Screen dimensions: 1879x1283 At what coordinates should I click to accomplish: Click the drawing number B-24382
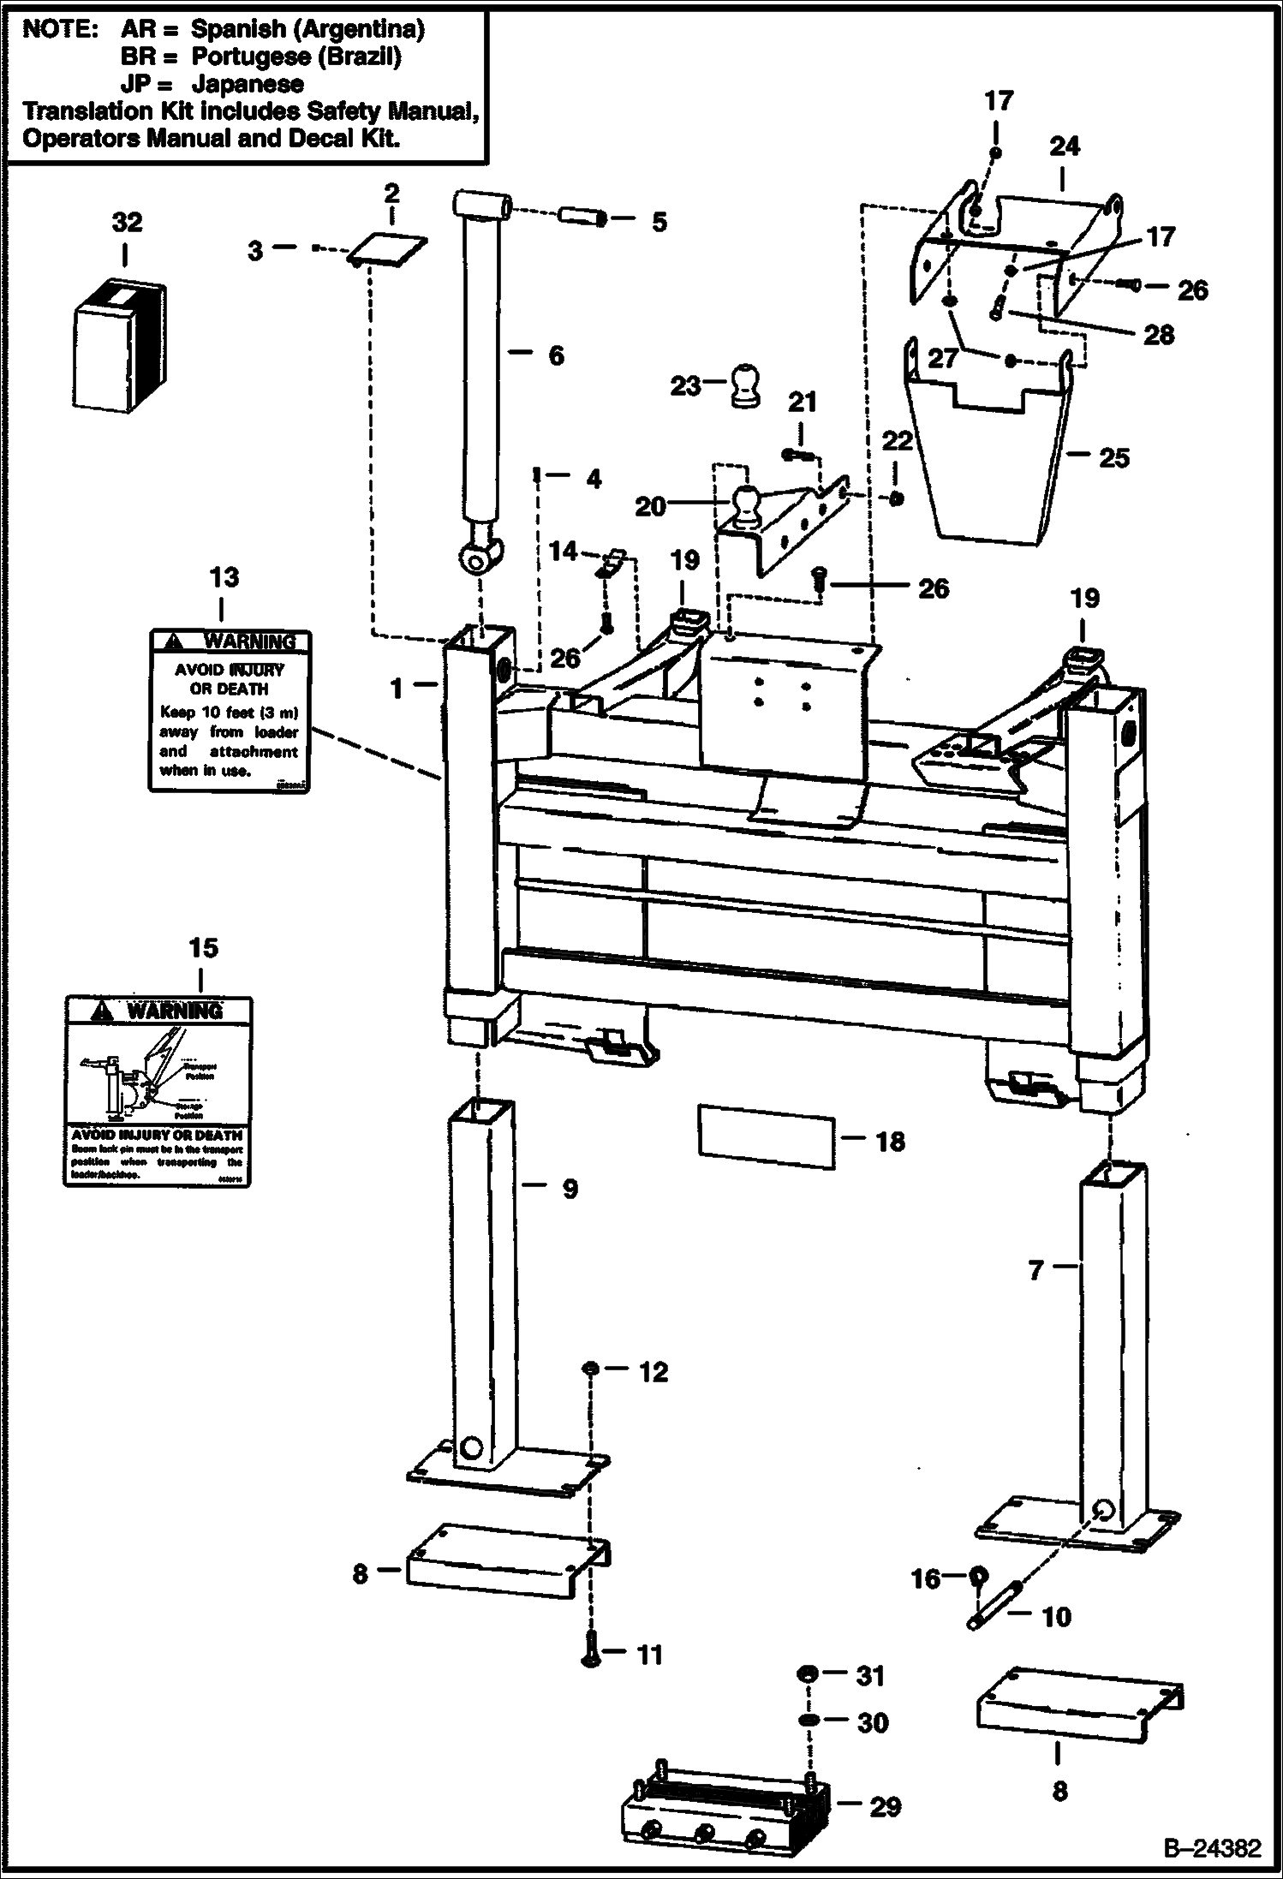click(x=1211, y=1848)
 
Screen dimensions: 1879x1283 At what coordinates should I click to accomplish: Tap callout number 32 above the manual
click(x=127, y=223)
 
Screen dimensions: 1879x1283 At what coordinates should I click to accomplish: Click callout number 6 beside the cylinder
click(x=556, y=355)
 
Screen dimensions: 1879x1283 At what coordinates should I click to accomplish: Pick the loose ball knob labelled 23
click(x=744, y=385)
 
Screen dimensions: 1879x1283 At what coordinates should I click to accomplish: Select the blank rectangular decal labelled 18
click(x=767, y=1136)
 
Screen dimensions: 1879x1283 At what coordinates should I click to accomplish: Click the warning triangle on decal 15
click(x=102, y=1011)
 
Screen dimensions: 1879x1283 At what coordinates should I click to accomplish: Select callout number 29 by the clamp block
click(x=885, y=1807)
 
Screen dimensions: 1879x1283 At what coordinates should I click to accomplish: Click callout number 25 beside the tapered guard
click(x=1113, y=458)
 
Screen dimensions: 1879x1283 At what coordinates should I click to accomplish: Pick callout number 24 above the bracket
click(x=1064, y=146)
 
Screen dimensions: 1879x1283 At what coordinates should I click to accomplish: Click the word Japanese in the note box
click(x=248, y=84)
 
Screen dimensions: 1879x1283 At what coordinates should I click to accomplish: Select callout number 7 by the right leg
click(x=1036, y=1270)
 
